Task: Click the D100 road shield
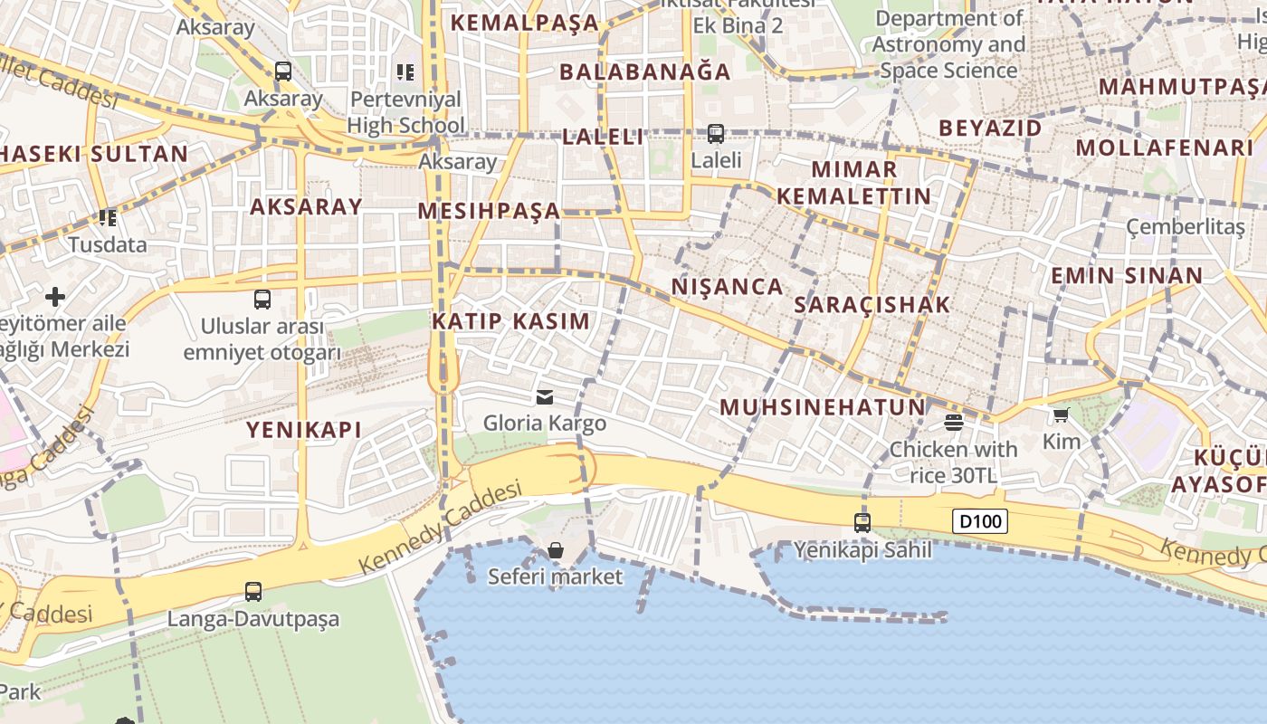[x=981, y=521]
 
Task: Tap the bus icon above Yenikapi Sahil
[x=862, y=522]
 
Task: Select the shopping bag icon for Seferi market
[x=556, y=550]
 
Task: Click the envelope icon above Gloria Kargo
[x=545, y=396]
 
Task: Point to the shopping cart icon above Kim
[x=1061, y=415]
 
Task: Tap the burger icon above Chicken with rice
[x=953, y=423]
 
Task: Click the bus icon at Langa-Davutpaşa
[x=253, y=592]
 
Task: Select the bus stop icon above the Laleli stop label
[x=716, y=134]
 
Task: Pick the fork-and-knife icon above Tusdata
[x=108, y=218]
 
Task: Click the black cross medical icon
[x=55, y=296]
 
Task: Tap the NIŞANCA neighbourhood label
[x=727, y=287]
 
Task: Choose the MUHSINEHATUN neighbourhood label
[x=823, y=407]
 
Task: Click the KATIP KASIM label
[x=510, y=321]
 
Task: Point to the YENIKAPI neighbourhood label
[x=304, y=430]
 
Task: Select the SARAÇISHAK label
[x=872, y=305]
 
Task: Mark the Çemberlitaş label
[x=1185, y=227]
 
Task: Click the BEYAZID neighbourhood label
[x=990, y=129]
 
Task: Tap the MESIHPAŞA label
[x=489, y=212]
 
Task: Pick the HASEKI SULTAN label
[x=93, y=154]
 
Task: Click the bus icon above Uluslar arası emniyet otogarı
[x=262, y=299]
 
